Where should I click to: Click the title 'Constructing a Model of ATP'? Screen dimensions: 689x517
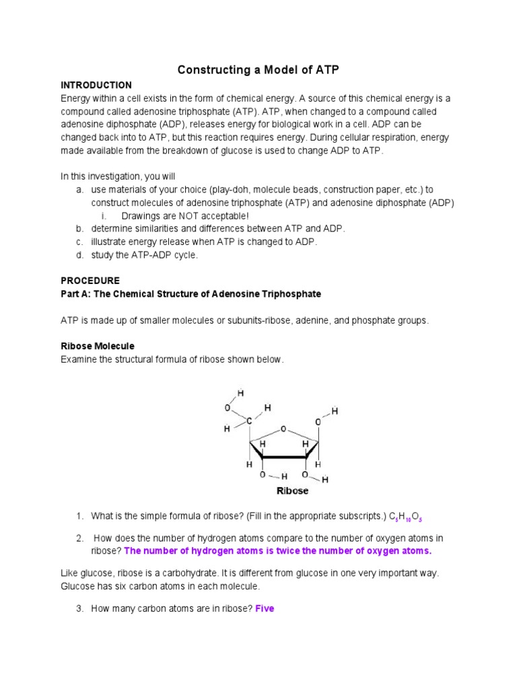pos(258,70)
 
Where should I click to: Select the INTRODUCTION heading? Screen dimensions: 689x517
pos(96,85)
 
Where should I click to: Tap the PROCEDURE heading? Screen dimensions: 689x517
pos(90,281)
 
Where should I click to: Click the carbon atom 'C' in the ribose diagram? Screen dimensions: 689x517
pos(249,422)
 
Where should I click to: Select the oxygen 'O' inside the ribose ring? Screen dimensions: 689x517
pos(283,428)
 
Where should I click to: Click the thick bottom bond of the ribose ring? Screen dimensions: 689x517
pos(284,458)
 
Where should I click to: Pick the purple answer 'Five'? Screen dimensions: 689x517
pos(265,609)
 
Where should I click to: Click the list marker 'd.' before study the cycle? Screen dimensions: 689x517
pos(79,254)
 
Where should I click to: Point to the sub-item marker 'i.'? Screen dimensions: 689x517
pos(104,215)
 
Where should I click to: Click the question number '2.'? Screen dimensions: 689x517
pos(79,538)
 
